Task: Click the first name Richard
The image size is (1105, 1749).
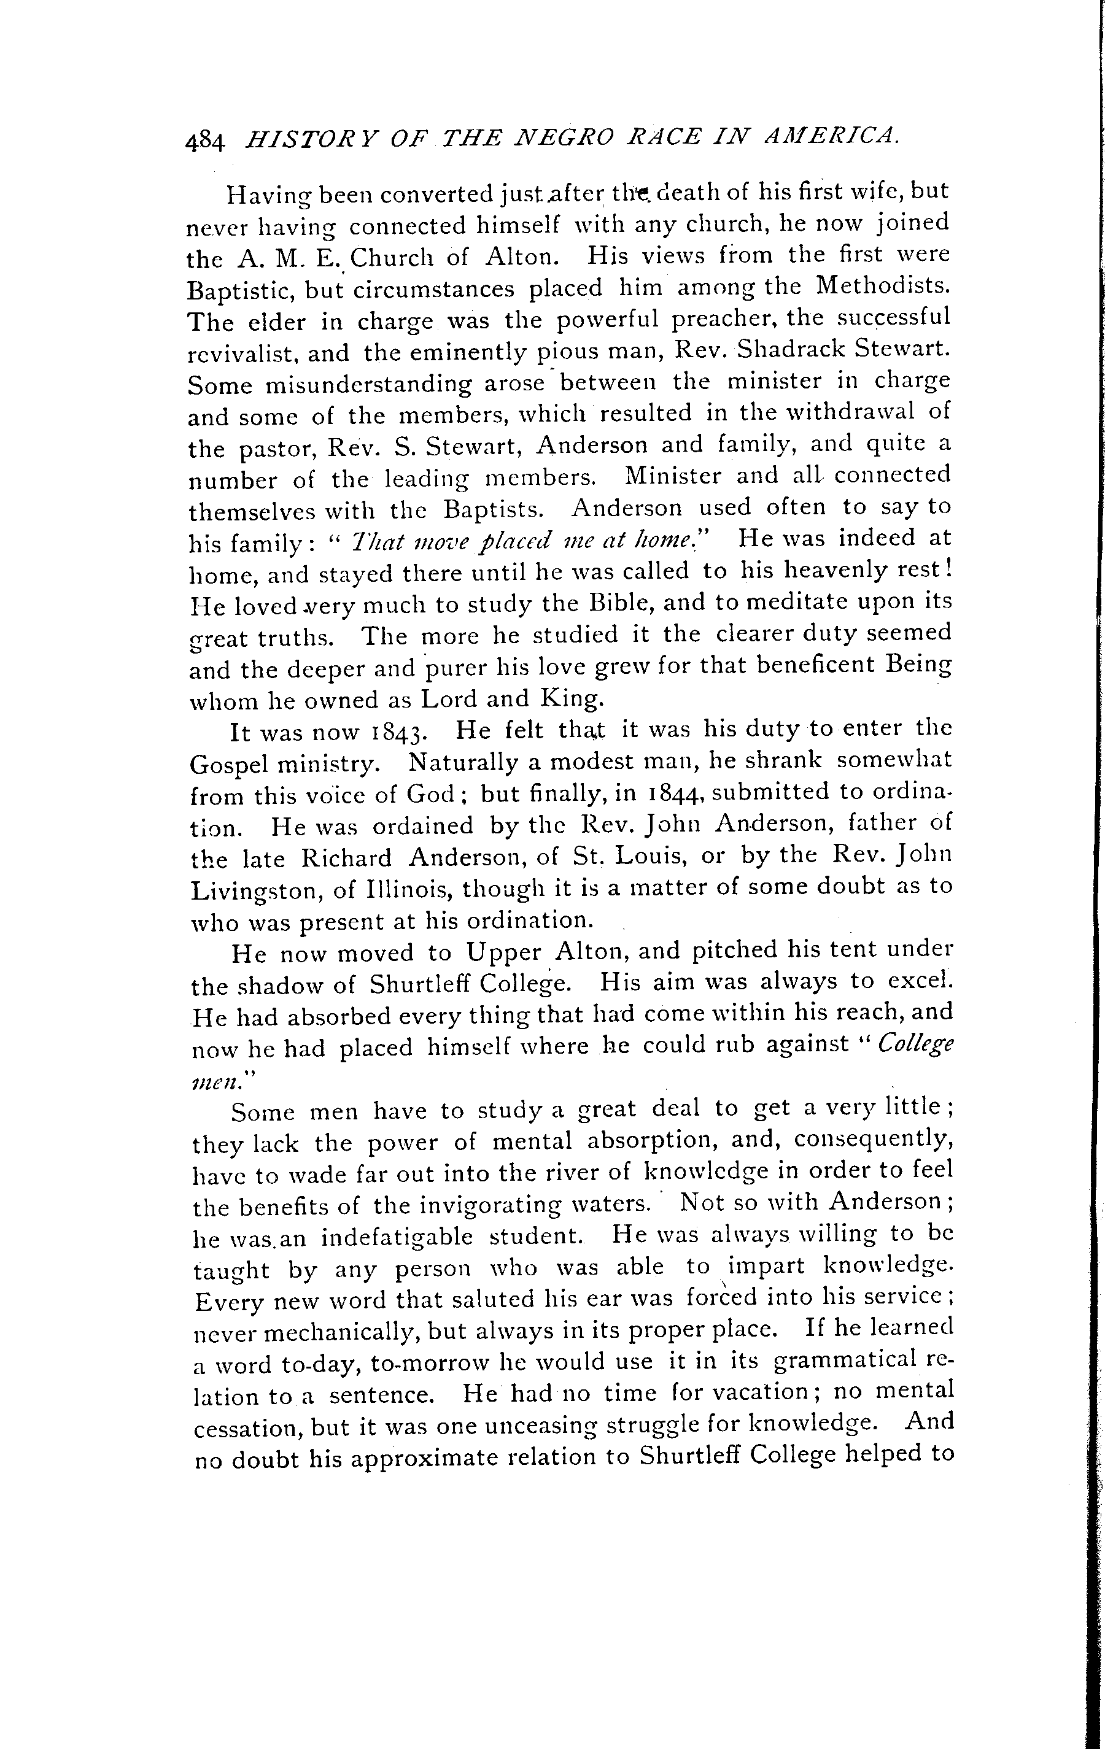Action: (x=346, y=858)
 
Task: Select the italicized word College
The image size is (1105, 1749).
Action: (x=915, y=1045)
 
